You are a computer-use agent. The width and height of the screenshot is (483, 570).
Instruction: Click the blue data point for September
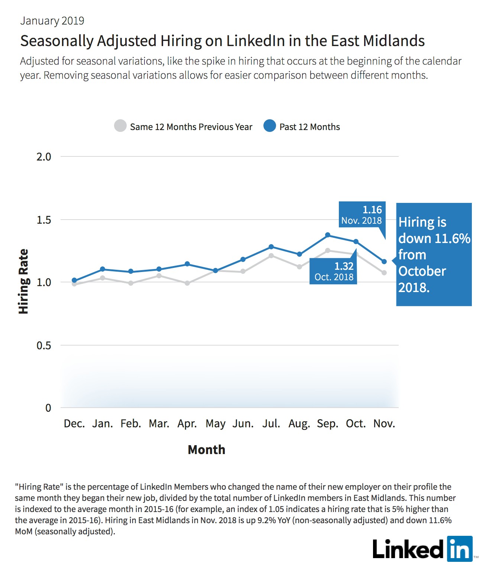[x=328, y=235]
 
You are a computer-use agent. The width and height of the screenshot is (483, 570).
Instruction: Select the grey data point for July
[x=271, y=256]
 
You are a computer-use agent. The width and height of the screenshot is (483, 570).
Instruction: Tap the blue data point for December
[x=74, y=280]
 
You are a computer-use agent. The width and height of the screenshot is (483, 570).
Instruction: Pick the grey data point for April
[x=187, y=283]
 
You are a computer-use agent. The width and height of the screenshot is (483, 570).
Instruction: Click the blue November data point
[x=384, y=262]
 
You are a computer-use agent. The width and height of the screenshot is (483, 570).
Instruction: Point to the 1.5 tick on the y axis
[x=44, y=220]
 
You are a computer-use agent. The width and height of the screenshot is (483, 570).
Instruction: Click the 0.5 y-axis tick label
[x=44, y=345]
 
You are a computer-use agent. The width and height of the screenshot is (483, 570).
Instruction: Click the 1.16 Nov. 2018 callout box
[x=362, y=215]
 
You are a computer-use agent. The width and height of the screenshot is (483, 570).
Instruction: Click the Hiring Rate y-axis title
[x=23, y=281]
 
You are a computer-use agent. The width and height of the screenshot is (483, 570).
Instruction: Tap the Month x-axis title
[x=207, y=450]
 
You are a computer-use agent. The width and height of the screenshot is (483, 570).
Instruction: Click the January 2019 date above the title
[x=52, y=21]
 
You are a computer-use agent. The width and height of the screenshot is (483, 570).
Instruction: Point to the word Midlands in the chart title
[x=394, y=41]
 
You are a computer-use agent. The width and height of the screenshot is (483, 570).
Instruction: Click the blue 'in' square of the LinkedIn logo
[x=460, y=549]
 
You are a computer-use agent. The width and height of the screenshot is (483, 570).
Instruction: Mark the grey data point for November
[x=384, y=273]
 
